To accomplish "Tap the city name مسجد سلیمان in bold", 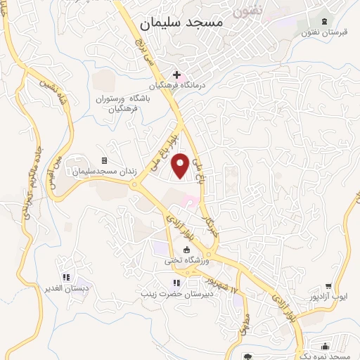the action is point(181,23).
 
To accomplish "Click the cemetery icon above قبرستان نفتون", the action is point(323,20).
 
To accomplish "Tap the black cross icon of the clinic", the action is point(176,74).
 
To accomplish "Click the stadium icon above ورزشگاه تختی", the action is point(186,250).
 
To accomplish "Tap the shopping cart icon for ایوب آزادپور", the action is point(329,286).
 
